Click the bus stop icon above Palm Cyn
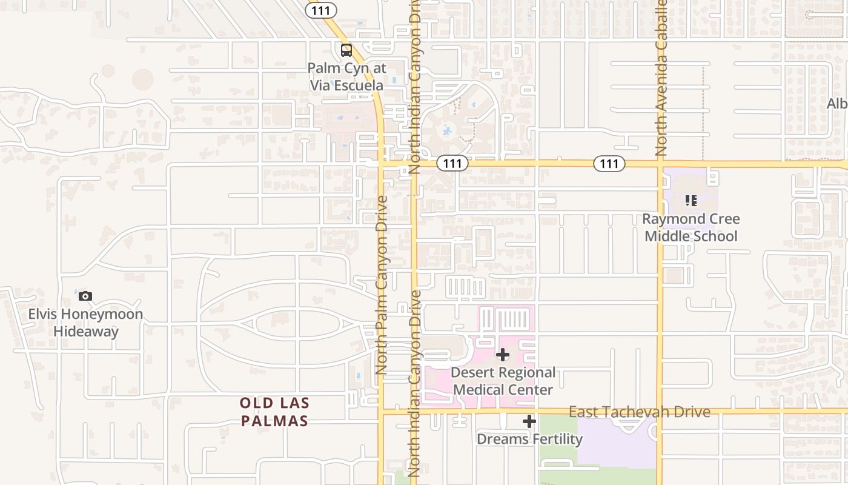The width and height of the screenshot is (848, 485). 346,50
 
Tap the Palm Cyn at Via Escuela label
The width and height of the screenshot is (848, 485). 346,76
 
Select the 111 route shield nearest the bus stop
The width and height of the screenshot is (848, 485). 321,10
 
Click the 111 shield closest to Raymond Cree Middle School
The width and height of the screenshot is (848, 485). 609,163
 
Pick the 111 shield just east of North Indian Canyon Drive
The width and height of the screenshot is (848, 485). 452,163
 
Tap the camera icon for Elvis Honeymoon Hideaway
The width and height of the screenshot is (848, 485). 85,296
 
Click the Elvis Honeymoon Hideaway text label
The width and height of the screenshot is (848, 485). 86,323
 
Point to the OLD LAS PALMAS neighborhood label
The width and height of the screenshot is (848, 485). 274,412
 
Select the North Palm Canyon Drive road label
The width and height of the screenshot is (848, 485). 381,285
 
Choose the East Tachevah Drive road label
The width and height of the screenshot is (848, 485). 639,412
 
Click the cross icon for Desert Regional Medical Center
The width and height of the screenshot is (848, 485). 503,355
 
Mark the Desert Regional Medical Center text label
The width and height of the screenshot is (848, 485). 503,381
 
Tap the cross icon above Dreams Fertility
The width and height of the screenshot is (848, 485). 529,421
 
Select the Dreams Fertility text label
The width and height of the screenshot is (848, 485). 529,438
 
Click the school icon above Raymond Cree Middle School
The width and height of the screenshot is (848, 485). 691,200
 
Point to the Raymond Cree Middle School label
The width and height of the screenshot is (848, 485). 691,227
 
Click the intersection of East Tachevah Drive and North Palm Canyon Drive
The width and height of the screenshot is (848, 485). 381,411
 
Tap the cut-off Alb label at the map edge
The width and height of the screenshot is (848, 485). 837,104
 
